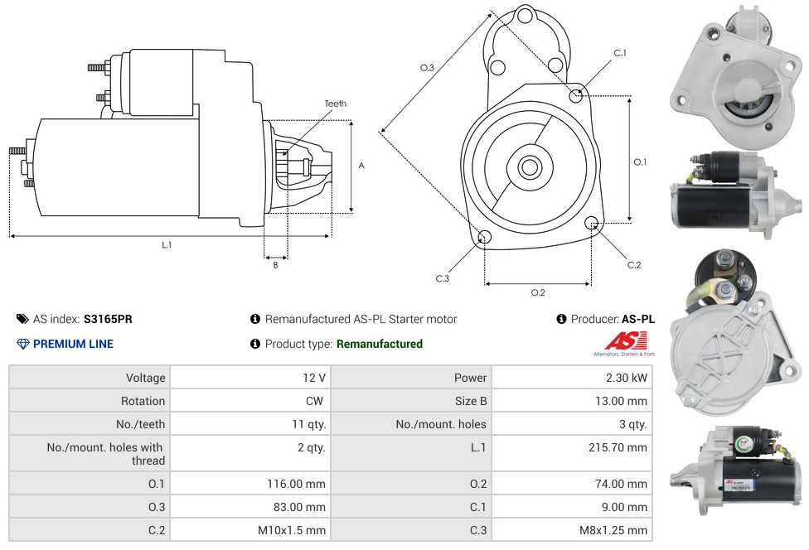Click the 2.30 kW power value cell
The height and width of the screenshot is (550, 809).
627,378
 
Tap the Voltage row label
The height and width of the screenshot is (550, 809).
146,378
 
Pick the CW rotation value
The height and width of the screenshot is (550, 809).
317,401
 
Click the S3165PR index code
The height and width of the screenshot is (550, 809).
108,319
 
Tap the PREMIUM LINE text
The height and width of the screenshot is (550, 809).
73,344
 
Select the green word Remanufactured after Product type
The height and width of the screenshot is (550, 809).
380,344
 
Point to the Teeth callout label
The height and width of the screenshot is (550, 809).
336,104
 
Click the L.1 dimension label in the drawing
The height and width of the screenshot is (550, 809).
167,244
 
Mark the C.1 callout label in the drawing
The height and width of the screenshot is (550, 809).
620,53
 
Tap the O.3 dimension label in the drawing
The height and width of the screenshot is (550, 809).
427,68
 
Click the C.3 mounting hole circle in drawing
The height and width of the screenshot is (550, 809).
485,238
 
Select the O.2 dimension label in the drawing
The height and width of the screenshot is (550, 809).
538,292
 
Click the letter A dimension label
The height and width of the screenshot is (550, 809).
361,166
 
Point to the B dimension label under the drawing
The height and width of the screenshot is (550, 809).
275,265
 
